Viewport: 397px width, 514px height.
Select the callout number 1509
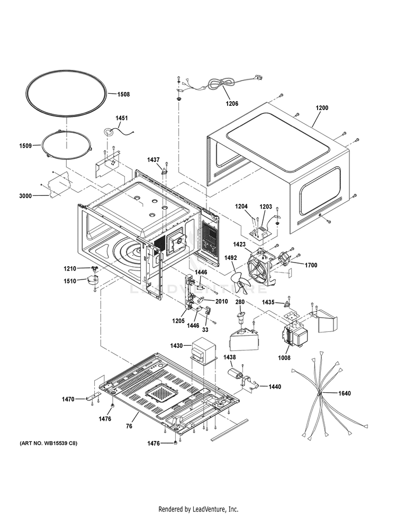click(x=26, y=146)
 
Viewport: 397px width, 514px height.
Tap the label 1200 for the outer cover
click(x=322, y=108)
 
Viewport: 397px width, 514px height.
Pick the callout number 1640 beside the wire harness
click(x=344, y=393)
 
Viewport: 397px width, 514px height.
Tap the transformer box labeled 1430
click(x=201, y=351)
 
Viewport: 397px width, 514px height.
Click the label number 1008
click(x=284, y=358)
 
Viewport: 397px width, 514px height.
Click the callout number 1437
click(x=153, y=159)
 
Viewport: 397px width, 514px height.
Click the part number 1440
click(x=275, y=387)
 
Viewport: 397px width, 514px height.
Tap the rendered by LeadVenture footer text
click(x=198, y=509)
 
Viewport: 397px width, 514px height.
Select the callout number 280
click(x=240, y=302)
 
